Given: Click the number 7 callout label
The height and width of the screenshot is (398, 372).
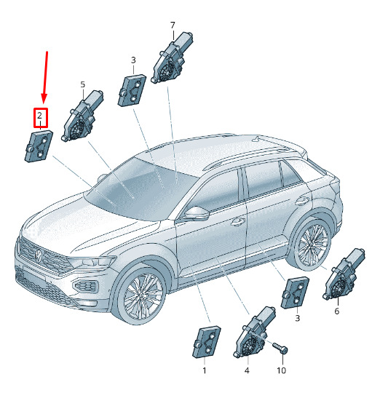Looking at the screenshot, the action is (173, 25).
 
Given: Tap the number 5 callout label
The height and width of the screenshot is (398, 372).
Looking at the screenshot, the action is (83, 84).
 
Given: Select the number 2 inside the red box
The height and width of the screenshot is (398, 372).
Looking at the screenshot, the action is (39, 116).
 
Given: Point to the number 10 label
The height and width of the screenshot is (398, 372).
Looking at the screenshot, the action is (281, 370).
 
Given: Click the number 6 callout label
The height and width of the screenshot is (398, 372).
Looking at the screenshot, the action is (337, 311).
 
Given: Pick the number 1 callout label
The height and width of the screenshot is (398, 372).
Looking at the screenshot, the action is (205, 370).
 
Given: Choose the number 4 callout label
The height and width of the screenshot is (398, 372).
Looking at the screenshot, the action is (247, 370).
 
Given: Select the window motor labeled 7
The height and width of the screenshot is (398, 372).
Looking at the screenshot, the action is (172, 57).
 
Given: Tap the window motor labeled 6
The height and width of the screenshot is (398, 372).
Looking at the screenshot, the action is (344, 274).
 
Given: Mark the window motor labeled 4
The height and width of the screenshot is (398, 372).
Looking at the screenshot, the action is (254, 332).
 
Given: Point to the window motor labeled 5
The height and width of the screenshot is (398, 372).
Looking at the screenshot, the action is (82, 116).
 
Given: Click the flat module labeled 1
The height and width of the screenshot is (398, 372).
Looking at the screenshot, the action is (207, 342).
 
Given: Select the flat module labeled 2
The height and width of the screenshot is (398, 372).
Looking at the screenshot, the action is (39, 146).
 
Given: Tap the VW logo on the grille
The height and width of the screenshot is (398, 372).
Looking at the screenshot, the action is (38, 255).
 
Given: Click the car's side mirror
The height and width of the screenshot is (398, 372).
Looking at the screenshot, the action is (197, 213).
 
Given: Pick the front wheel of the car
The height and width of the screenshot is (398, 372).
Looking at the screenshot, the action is (142, 295).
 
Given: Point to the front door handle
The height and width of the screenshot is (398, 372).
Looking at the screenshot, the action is (238, 222).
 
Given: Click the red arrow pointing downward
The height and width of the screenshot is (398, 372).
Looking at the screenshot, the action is (45, 77).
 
